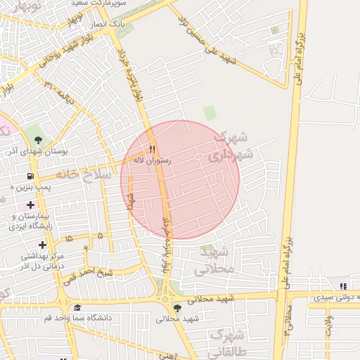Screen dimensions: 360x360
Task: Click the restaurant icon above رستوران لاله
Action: [153, 149]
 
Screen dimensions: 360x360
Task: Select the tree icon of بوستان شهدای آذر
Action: [37, 138]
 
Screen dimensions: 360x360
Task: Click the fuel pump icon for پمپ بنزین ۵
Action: [30, 176]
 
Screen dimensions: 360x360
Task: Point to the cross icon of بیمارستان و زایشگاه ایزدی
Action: [30, 204]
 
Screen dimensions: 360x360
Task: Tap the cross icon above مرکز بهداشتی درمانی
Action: [43, 245]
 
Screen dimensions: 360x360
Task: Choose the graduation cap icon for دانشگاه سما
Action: [77, 307]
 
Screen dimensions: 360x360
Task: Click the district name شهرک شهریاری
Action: [233, 147]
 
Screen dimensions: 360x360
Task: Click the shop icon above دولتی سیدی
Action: [343, 286]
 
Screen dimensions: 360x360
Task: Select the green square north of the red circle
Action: [210, 112]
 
